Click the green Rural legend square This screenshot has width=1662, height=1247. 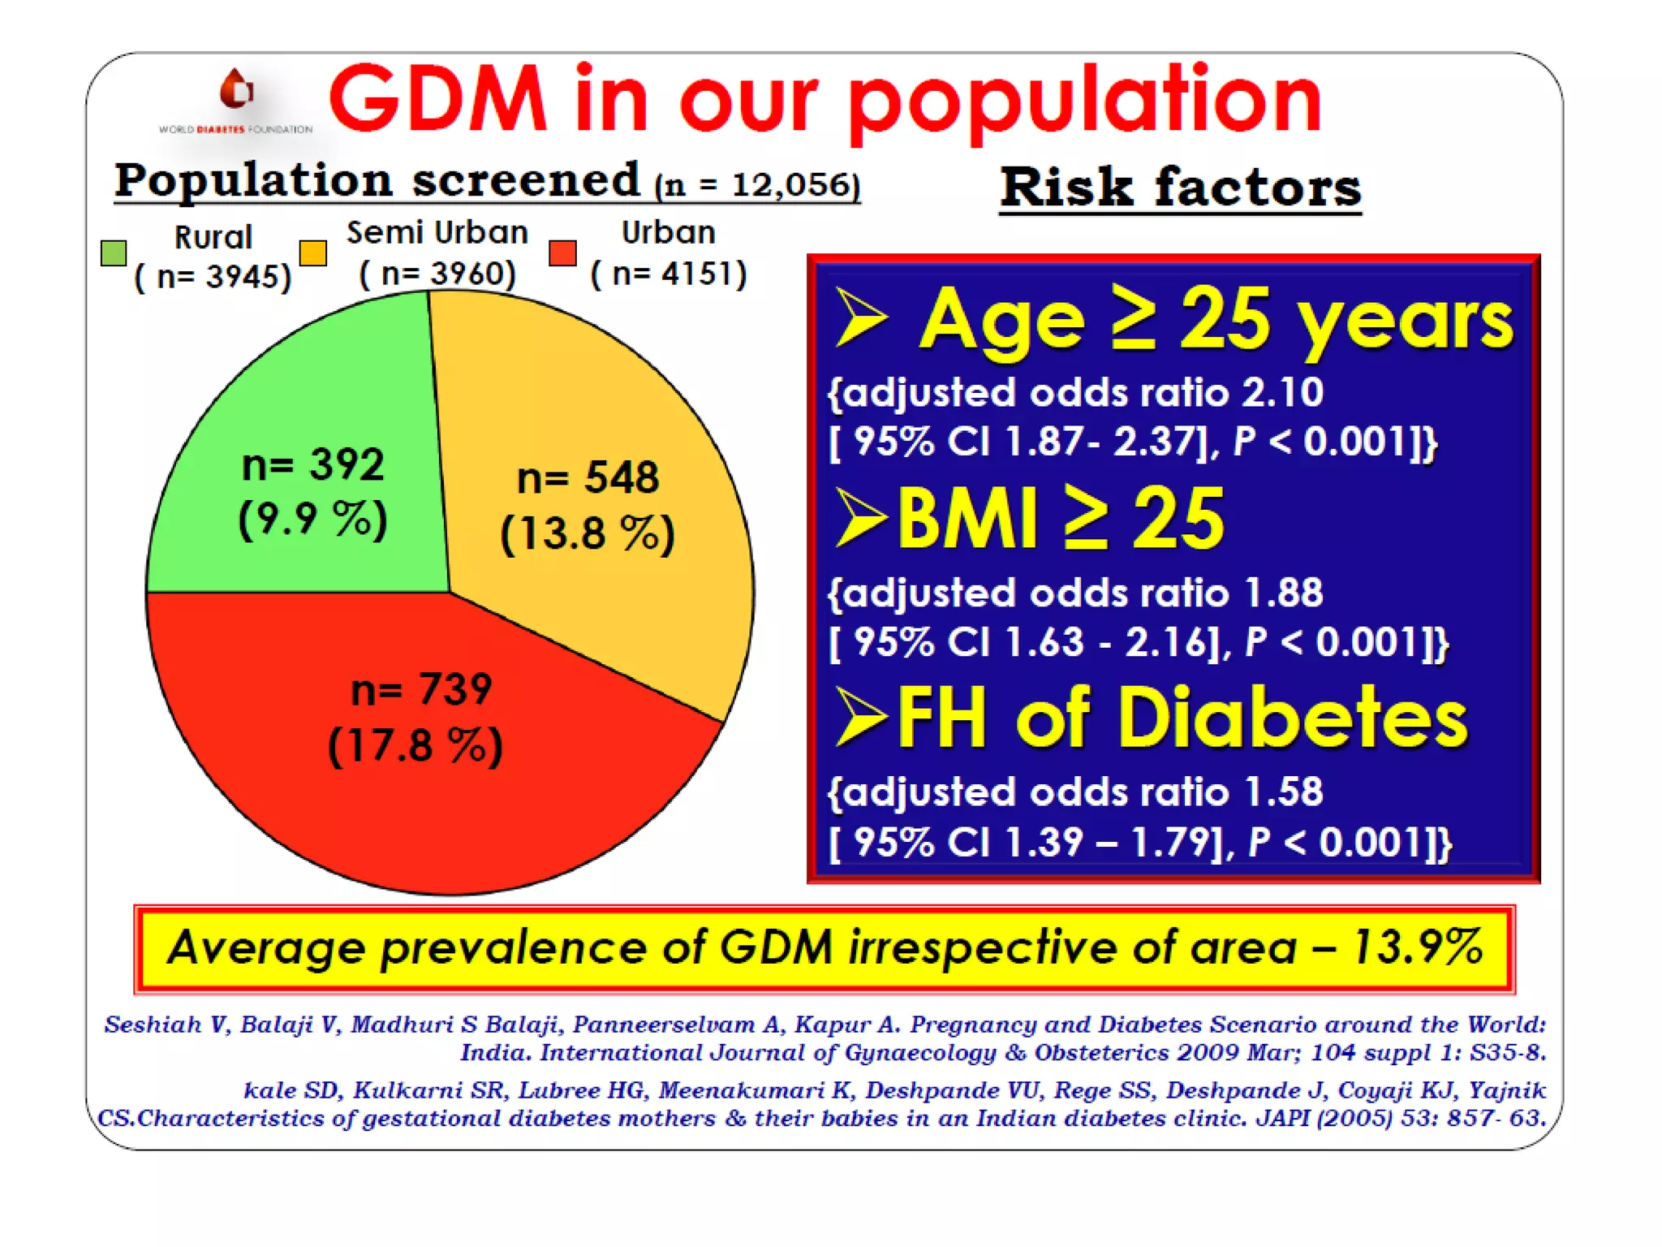pyautogui.click(x=114, y=252)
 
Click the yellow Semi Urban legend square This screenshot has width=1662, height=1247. pyautogui.click(x=312, y=252)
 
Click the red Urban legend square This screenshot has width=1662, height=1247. pyautogui.click(x=562, y=252)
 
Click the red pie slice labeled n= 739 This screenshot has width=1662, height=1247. pyautogui.click(x=325, y=812)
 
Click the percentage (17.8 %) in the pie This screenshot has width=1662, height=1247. pyautogui.click(x=415, y=745)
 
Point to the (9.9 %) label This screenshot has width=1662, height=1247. pyautogui.click(x=312, y=519)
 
